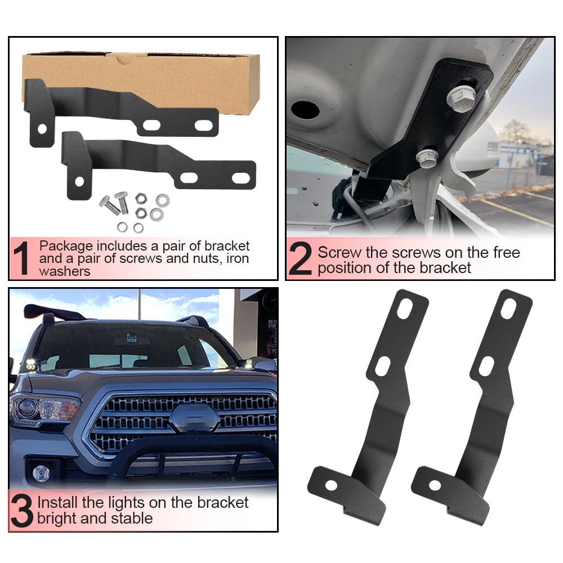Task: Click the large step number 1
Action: pyautogui.click(x=21, y=258)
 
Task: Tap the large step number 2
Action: pyautogui.click(x=300, y=258)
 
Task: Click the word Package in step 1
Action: pyautogui.click(x=66, y=247)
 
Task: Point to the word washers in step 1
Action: pyautogui.click(x=65, y=271)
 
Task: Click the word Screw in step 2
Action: pyautogui.click(x=339, y=252)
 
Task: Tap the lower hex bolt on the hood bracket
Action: pyautogui.click(x=427, y=158)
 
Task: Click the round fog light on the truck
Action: pyautogui.click(x=41, y=473)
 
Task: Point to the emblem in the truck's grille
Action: pyautogui.click(x=194, y=418)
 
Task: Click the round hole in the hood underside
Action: pyautogui.click(x=305, y=110)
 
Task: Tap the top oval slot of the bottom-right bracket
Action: pyautogui.click(x=508, y=309)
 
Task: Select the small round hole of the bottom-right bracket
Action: pyautogui.click(x=435, y=485)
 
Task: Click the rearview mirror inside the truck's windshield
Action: pyautogui.click(x=131, y=338)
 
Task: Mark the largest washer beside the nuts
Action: pyautogui.click(x=163, y=200)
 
